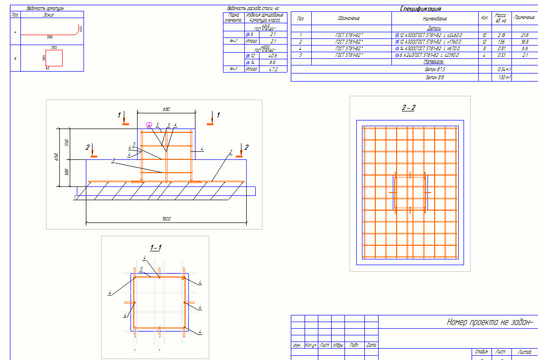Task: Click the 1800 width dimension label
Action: click(x=166, y=219)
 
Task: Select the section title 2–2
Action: click(x=408, y=108)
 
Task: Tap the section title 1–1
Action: click(x=156, y=248)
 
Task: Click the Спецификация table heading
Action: click(x=421, y=9)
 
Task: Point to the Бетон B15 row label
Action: click(x=435, y=77)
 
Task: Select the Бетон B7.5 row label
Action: click(x=435, y=69)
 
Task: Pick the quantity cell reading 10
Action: click(x=484, y=35)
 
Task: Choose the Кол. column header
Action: click(x=484, y=18)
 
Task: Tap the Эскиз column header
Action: click(x=48, y=15)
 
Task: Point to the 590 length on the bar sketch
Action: click(x=50, y=37)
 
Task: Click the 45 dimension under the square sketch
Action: click(x=47, y=68)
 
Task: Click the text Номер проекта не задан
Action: click(x=490, y=322)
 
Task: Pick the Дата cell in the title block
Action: click(x=371, y=345)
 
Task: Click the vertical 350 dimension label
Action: click(x=67, y=142)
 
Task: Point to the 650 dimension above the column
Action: click(x=166, y=109)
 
